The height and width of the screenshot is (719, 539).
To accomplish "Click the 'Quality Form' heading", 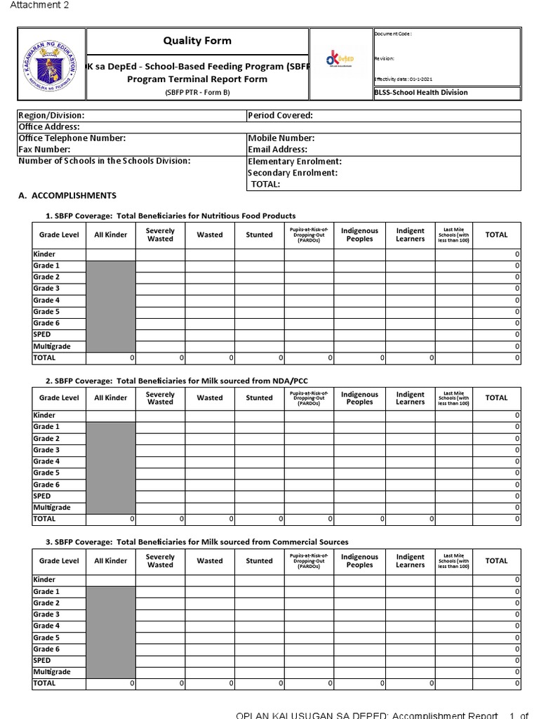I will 197,41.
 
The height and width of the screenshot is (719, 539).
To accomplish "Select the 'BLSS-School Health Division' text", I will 421,93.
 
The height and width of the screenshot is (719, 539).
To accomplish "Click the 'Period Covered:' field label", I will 280,115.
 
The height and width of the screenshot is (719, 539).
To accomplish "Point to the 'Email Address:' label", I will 277,150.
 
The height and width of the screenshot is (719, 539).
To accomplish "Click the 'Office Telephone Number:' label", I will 72,138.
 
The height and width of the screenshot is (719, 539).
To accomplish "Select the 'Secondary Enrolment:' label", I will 293,173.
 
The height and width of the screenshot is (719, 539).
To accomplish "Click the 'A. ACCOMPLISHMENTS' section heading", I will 67,196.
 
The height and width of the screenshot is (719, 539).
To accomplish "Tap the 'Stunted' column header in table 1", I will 259,235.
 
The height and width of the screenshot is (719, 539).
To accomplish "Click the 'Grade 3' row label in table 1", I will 46,289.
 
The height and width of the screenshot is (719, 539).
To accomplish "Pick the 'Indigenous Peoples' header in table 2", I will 359,398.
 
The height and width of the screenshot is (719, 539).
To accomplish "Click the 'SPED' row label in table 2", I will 42,496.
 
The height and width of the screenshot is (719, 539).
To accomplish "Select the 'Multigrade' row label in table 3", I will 52,671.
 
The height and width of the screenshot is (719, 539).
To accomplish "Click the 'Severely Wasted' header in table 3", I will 160,561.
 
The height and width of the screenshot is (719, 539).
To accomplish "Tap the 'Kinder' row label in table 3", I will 44,580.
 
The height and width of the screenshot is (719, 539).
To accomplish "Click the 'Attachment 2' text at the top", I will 39,6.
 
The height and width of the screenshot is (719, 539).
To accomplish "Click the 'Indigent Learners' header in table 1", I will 410,235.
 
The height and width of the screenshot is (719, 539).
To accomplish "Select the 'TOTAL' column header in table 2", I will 496,398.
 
